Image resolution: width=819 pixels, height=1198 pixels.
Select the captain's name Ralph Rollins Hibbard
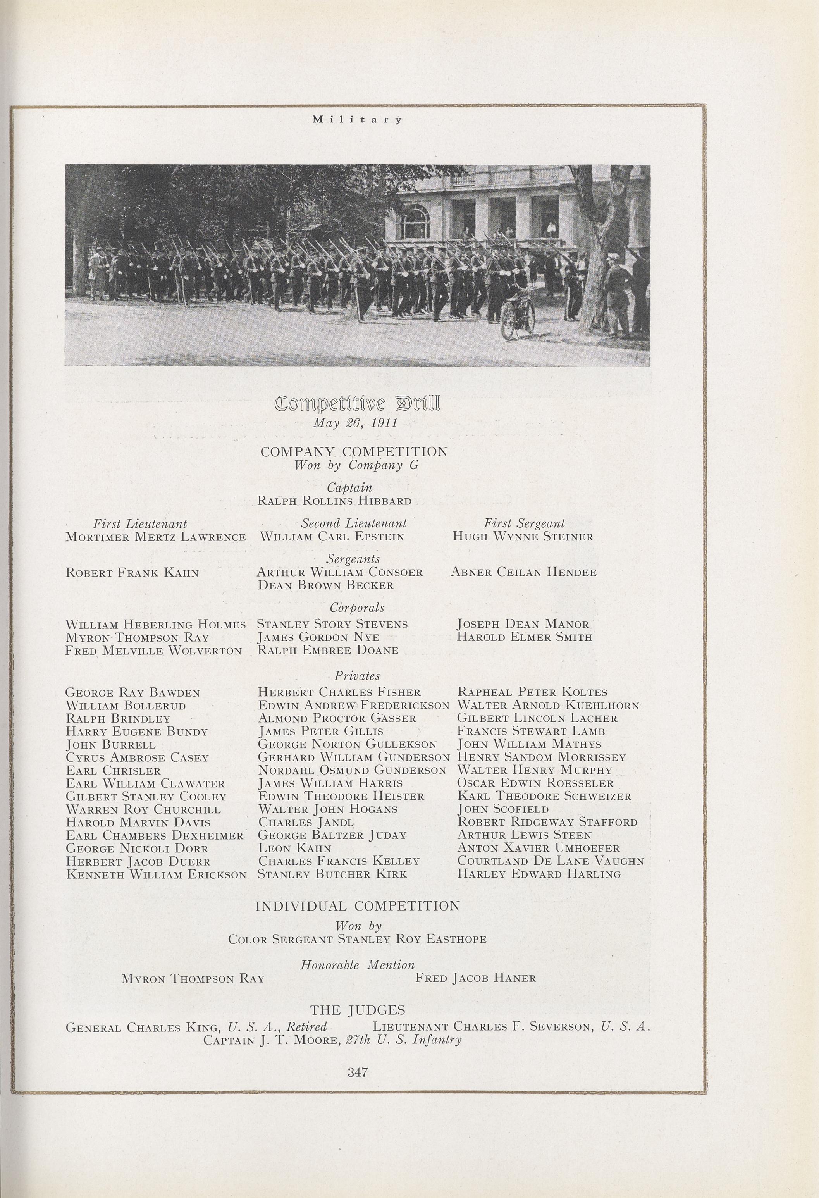pyautogui.click(x=334, y=501)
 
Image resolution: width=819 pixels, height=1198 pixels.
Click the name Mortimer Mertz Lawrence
pyautogui.click(x=156, y=537)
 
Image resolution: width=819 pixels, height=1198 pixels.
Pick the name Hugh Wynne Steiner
pyautogui.click(x=523, y=537)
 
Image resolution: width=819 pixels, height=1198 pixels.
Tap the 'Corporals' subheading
pyautogui.click(x=357, y=608)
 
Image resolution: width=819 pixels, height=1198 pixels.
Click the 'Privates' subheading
pyautogui.click(x=357, y=676)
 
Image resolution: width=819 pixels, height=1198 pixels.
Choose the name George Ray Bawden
pyautogui.click(x=133, y=693)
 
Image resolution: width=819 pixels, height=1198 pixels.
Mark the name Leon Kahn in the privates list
pyautogui.click(x=295, y=848)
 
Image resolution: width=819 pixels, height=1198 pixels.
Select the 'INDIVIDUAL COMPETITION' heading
pyautogui.click(x=357, y=906)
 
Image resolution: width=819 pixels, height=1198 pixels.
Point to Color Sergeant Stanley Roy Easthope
pyautogui.click(x=357, y=939)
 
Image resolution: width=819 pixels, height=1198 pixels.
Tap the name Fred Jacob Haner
pyautogui.click(x=475, y=978)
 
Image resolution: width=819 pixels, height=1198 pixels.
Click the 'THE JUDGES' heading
pyautogui.click(x=357, y=1010)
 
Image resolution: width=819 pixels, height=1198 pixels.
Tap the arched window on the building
pyautogui.click(x=416, y=219)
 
